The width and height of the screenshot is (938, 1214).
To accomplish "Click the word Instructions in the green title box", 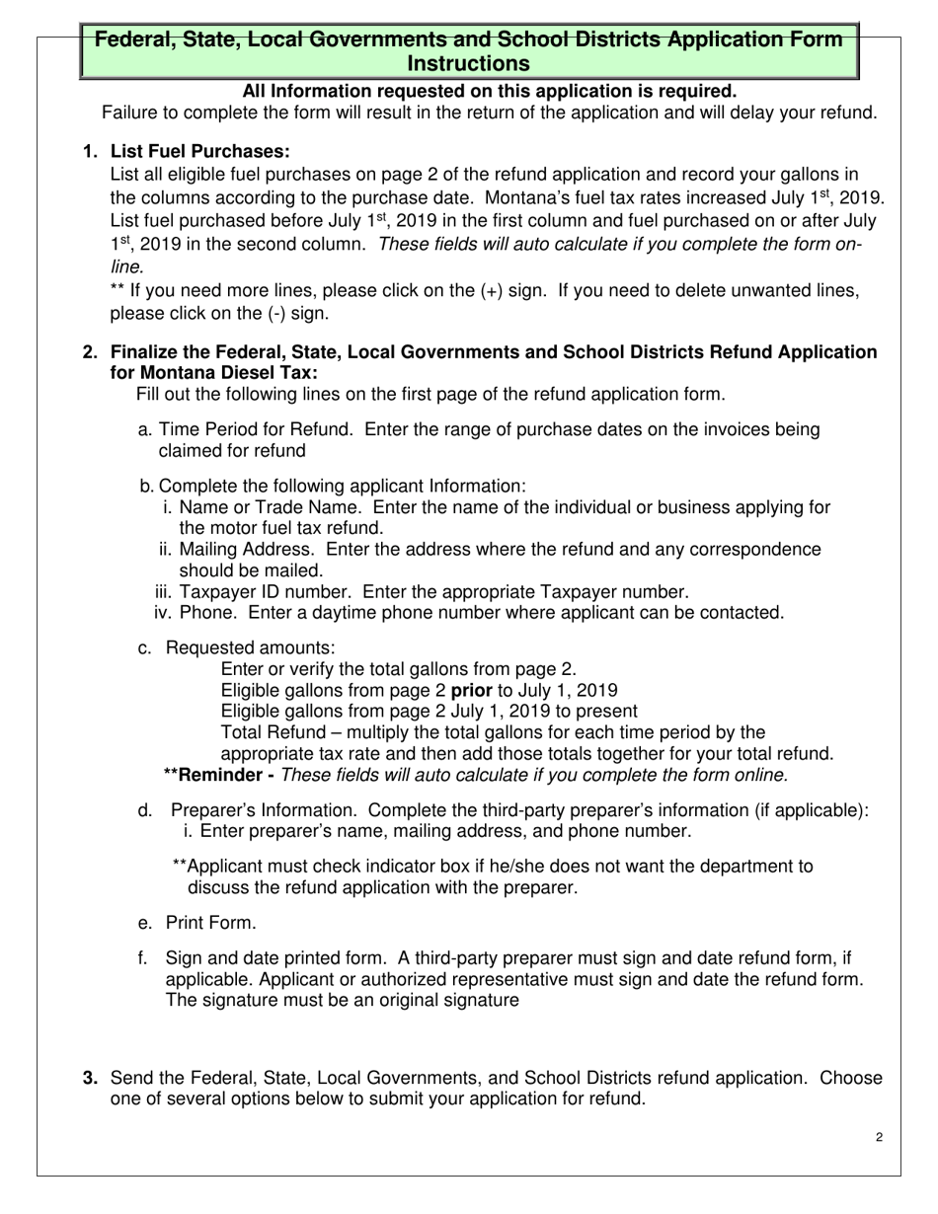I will click(469, 64).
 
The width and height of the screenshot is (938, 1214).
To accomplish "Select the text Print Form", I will click(210, 923).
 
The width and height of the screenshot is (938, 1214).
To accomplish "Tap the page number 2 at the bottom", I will click(879, 1137).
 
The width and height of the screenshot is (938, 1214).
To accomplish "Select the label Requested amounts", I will click(250, 647).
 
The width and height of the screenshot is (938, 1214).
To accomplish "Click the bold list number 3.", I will click(90, 1078).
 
